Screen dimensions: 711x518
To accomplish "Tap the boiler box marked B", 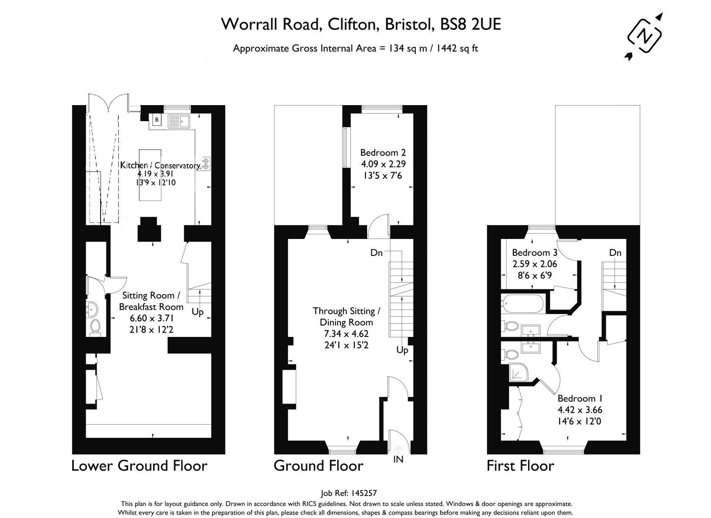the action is click(156, 120).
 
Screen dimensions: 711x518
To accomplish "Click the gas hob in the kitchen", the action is click(205, 163).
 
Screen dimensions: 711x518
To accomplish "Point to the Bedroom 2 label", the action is click(383, 152).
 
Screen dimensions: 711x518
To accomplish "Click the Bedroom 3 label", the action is click(534, 252).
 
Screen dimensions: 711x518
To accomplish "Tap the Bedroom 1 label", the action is click(580, 398).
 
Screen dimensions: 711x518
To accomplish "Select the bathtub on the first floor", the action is click(523, 304).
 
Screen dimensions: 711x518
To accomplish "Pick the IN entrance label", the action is click(398, 459).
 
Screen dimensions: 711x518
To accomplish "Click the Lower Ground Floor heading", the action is click(139, 466).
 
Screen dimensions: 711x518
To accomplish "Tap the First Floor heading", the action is click(520, 466).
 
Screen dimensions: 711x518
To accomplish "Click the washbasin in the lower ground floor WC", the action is click(92, 309).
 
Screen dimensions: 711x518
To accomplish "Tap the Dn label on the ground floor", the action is click(376, 252).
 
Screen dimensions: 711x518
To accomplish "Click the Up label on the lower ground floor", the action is click(197, 312).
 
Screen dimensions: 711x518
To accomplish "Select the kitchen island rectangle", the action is click(150, 175).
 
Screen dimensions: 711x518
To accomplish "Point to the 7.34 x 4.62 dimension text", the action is click(346, 334).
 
